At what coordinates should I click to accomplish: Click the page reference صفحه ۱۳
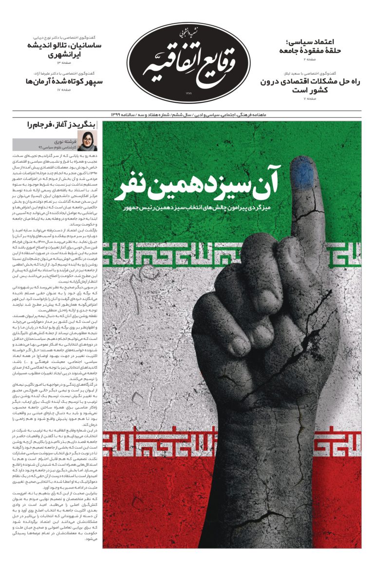(64, 63)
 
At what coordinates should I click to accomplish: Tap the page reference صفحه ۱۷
(64, 90)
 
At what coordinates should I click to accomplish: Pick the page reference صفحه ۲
(310, 58)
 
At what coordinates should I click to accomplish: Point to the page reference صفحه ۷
(310, 99)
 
